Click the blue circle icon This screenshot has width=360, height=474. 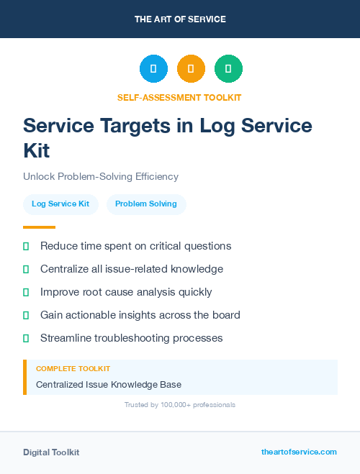153,69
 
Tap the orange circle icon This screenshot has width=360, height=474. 191,69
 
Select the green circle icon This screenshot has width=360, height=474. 228,69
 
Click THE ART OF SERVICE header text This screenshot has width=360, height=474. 180,19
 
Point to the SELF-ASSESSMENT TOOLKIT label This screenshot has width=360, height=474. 179,98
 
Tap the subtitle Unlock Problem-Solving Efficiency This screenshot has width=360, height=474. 101,176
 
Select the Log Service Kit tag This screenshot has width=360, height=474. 60,204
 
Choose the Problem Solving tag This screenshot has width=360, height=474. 146,204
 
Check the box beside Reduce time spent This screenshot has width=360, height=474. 26,247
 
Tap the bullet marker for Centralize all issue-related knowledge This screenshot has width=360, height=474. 26,270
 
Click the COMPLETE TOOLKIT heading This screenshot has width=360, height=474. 73,369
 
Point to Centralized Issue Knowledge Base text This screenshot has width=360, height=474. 109,385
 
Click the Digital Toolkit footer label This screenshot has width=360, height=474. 51,452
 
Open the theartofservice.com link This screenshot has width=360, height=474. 299,452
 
